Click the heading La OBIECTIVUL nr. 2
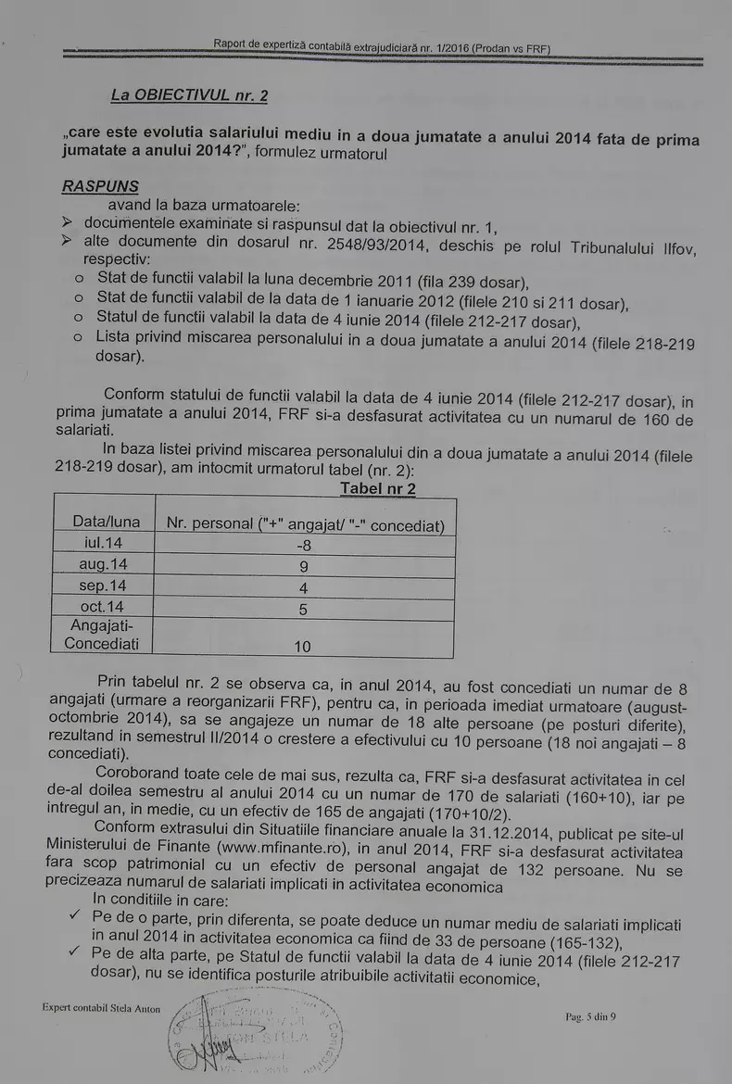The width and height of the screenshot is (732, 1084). (189, 95)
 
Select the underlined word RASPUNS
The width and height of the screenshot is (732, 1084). (100, 186)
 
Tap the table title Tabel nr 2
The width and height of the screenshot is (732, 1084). (378, 488)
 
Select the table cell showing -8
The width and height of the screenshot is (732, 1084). (303, 546)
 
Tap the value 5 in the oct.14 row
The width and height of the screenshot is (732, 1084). (303, 610)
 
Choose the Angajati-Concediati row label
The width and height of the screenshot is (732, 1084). (102, 635)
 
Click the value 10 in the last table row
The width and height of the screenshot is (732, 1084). (303, 646)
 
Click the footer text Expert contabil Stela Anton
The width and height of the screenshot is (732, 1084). (101, 1008)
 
